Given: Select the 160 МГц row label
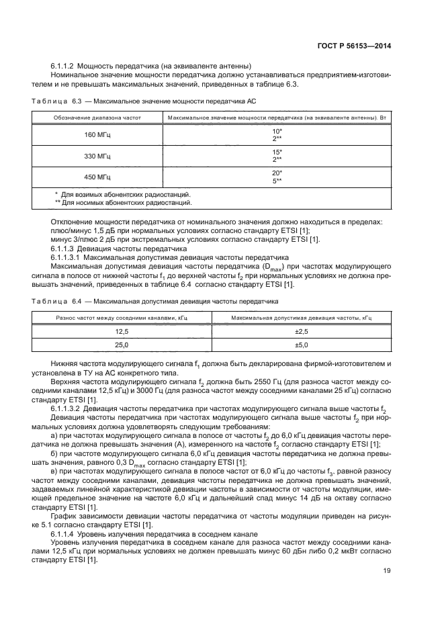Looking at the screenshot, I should point(94,135).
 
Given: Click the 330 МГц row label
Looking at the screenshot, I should point(94,156).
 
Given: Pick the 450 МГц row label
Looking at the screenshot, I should point(94,177).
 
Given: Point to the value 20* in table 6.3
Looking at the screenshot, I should point(276,173).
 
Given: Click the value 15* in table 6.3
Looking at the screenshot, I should point(276,152).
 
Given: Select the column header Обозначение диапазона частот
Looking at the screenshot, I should point(94,118).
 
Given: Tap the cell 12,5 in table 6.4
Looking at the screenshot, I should point(122,332).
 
